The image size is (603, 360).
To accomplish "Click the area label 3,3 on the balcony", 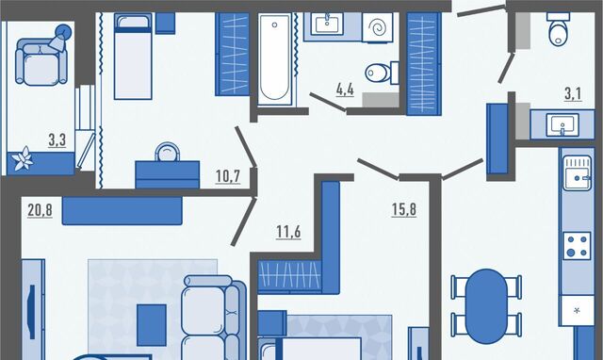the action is tap(57, 140).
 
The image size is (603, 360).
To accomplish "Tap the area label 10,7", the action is tap(228, 176).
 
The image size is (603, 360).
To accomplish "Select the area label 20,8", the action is tap(40, 210).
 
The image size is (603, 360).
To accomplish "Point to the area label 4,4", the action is tap(345, 90).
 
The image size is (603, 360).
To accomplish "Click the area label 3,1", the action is tap(573, 94).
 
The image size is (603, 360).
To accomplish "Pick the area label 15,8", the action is tap(404, 210).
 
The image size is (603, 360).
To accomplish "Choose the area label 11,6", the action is tap(288, 232).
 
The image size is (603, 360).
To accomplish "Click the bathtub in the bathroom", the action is tap(274, 58).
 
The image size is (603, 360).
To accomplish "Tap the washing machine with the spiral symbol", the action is tap(377, 27).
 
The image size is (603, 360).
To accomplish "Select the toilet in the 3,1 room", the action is tap(558, 29).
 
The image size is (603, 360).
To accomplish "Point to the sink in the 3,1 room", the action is tap(562, 124).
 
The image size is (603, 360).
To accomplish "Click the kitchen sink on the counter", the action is tap(577, 172).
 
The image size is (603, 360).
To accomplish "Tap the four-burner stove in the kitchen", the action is tap(577, 246).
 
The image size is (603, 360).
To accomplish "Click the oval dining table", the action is tap(486, 305).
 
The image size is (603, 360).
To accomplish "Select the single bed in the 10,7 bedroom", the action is tap(133, 57).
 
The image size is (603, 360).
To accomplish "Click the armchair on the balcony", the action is tap(41, 60).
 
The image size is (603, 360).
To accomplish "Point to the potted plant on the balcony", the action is tap(23, 159).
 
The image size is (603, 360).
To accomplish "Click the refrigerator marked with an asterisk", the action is tap(577, 310).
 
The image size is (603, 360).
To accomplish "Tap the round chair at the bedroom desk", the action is tap(167, 152).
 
